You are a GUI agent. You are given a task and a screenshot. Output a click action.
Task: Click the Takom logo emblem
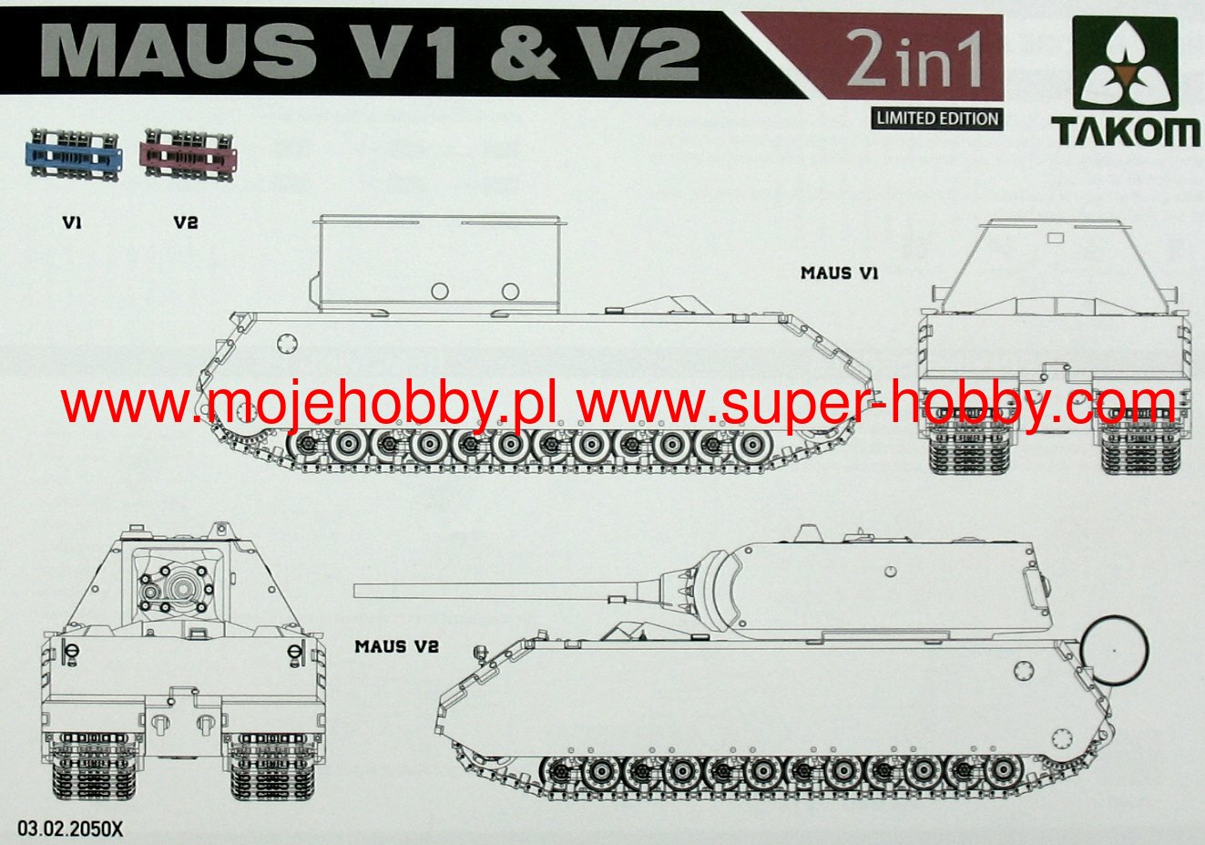tap(1127, 69)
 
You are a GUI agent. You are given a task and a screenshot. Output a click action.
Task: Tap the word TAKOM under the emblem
tap(1127, 133)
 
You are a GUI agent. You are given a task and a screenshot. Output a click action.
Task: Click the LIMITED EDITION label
tap(936, 118)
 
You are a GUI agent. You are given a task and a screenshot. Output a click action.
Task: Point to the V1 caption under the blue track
tap(73, 222)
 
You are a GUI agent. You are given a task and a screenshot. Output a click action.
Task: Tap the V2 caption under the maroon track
tap(185, 222)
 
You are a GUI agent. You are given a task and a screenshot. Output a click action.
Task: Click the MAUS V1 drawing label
tap(839, 273)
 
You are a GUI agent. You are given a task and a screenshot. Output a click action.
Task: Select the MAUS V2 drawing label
tap(397, 646)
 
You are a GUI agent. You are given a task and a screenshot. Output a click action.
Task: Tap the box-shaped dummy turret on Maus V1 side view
tap(437, 264)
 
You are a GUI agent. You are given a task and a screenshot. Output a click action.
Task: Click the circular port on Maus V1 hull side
tap(285, 344)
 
